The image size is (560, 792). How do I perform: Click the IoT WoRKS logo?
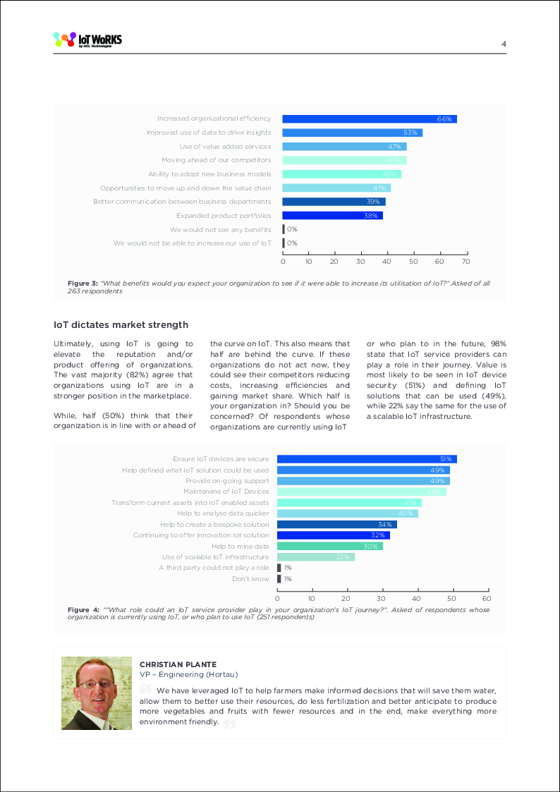tap(87, 40)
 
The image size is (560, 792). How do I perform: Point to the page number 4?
tap(504, 44)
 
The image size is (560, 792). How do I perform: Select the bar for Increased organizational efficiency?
tap(369, 119)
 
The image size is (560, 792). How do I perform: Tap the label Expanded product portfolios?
tap(224, 216)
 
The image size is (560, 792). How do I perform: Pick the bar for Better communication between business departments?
tap(334, 202)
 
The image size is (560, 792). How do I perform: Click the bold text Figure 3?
tap(82, 284)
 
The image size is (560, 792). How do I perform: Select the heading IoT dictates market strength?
tap(121, 325)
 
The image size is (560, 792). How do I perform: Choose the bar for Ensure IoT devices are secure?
tap(367, 459)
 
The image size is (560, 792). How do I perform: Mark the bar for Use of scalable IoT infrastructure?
tap(315, 557)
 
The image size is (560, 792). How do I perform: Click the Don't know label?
tap(250, 579)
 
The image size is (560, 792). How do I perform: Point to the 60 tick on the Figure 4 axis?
tap(487, 597)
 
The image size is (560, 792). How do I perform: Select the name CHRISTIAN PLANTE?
tap(177, 664)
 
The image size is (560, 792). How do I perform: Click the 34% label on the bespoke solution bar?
tap(385, 525)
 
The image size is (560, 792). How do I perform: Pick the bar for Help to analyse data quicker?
tap(347, 513)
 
